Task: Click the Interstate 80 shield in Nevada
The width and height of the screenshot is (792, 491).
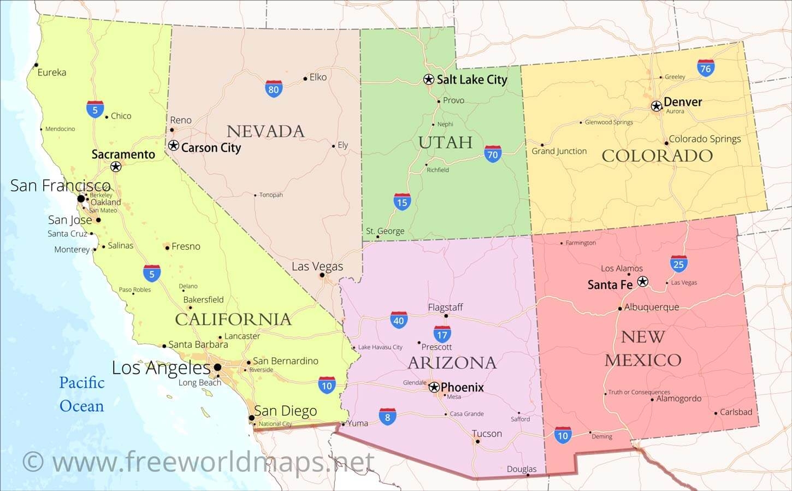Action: [274, 88]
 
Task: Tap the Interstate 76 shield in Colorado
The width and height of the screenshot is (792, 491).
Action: [706, 68]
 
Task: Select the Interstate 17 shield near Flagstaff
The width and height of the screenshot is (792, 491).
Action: [442, 334]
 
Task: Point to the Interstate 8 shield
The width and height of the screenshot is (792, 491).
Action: [387, 417]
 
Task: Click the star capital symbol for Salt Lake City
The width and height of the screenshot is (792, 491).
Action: [429, 79]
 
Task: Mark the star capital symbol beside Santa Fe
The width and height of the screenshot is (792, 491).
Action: [643, 281]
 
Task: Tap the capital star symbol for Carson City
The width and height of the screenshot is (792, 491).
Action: [173, 145]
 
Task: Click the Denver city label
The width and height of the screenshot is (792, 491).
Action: [682, 102]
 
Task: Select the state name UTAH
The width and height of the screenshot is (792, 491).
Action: [445, 142]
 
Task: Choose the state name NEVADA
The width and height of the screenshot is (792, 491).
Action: [265, 131]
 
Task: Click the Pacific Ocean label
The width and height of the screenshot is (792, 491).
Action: [81, 394]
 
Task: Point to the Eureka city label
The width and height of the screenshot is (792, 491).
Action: [52, 72]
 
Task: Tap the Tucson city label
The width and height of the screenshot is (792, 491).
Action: [487, 434]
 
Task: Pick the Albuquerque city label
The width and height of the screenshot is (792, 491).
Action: [651, 307]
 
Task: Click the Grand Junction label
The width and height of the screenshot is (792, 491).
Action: [559, 151]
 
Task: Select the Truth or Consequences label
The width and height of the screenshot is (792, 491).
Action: [639, 392]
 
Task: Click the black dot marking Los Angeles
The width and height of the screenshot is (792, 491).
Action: [217, 367]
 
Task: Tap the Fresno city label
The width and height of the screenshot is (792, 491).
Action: [186, 246]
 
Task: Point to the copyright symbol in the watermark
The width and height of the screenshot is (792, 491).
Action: [33, 462]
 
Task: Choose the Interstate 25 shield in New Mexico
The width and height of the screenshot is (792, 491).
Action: [678, 264]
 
